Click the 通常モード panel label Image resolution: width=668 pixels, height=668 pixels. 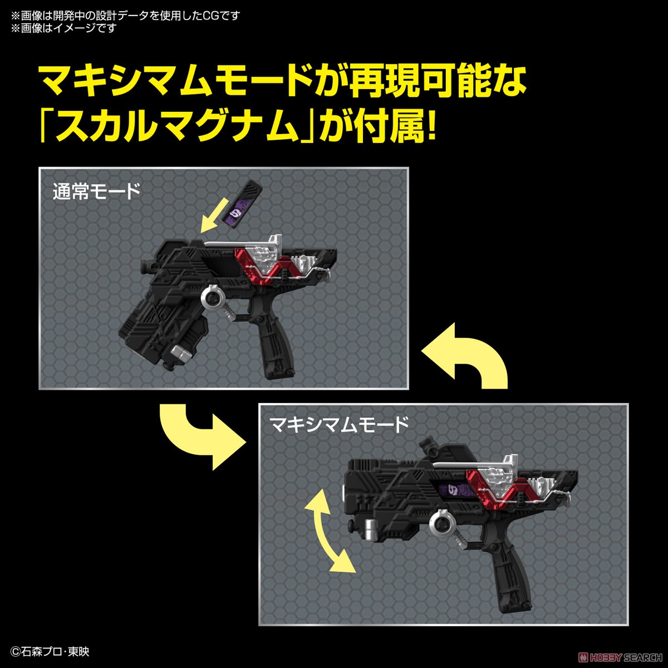[96, 192]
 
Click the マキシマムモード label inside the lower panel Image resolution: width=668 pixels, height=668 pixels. [340, 426]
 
